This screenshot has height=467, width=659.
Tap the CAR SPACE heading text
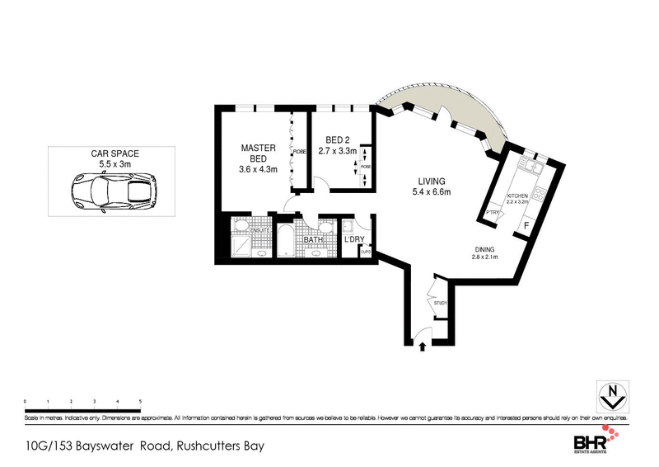point(115,154)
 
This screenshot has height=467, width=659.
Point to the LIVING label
point(431,182)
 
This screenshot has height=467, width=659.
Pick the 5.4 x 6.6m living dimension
point(431,193)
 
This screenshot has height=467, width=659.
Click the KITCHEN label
point(517,195)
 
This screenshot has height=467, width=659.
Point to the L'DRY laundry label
point(354,240)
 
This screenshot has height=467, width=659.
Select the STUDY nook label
point(440,304)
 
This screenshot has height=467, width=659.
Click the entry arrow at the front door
point(423,346)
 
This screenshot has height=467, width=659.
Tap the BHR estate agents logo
point(601,441)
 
